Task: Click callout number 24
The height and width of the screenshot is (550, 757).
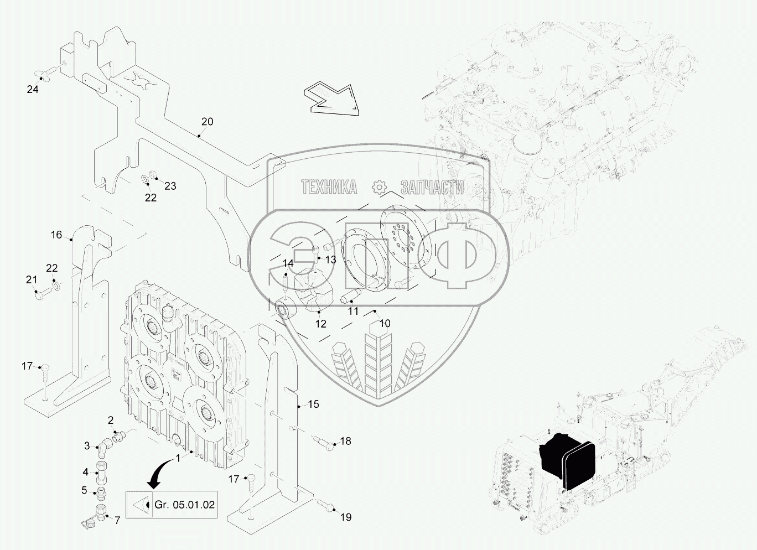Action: [33, 90]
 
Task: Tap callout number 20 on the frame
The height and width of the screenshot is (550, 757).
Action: [207, 122]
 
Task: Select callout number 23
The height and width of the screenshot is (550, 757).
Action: [170, 186]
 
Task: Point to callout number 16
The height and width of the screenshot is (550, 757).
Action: [56, 235]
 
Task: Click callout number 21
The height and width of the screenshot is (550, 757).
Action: [32, 280]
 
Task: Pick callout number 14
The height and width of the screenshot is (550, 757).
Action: [288, 263]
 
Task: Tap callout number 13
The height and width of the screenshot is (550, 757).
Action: [330, 260]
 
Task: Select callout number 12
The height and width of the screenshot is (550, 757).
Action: [320, 324]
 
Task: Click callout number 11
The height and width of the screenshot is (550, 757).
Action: [353, 311]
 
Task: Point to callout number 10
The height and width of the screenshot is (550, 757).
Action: [385, 323]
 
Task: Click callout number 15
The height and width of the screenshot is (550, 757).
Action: [314, 404]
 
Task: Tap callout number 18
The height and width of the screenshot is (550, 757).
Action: [345, 441]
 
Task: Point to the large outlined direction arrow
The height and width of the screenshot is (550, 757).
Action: [331, 100]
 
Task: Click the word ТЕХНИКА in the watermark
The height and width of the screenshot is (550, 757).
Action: [329, 187]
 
